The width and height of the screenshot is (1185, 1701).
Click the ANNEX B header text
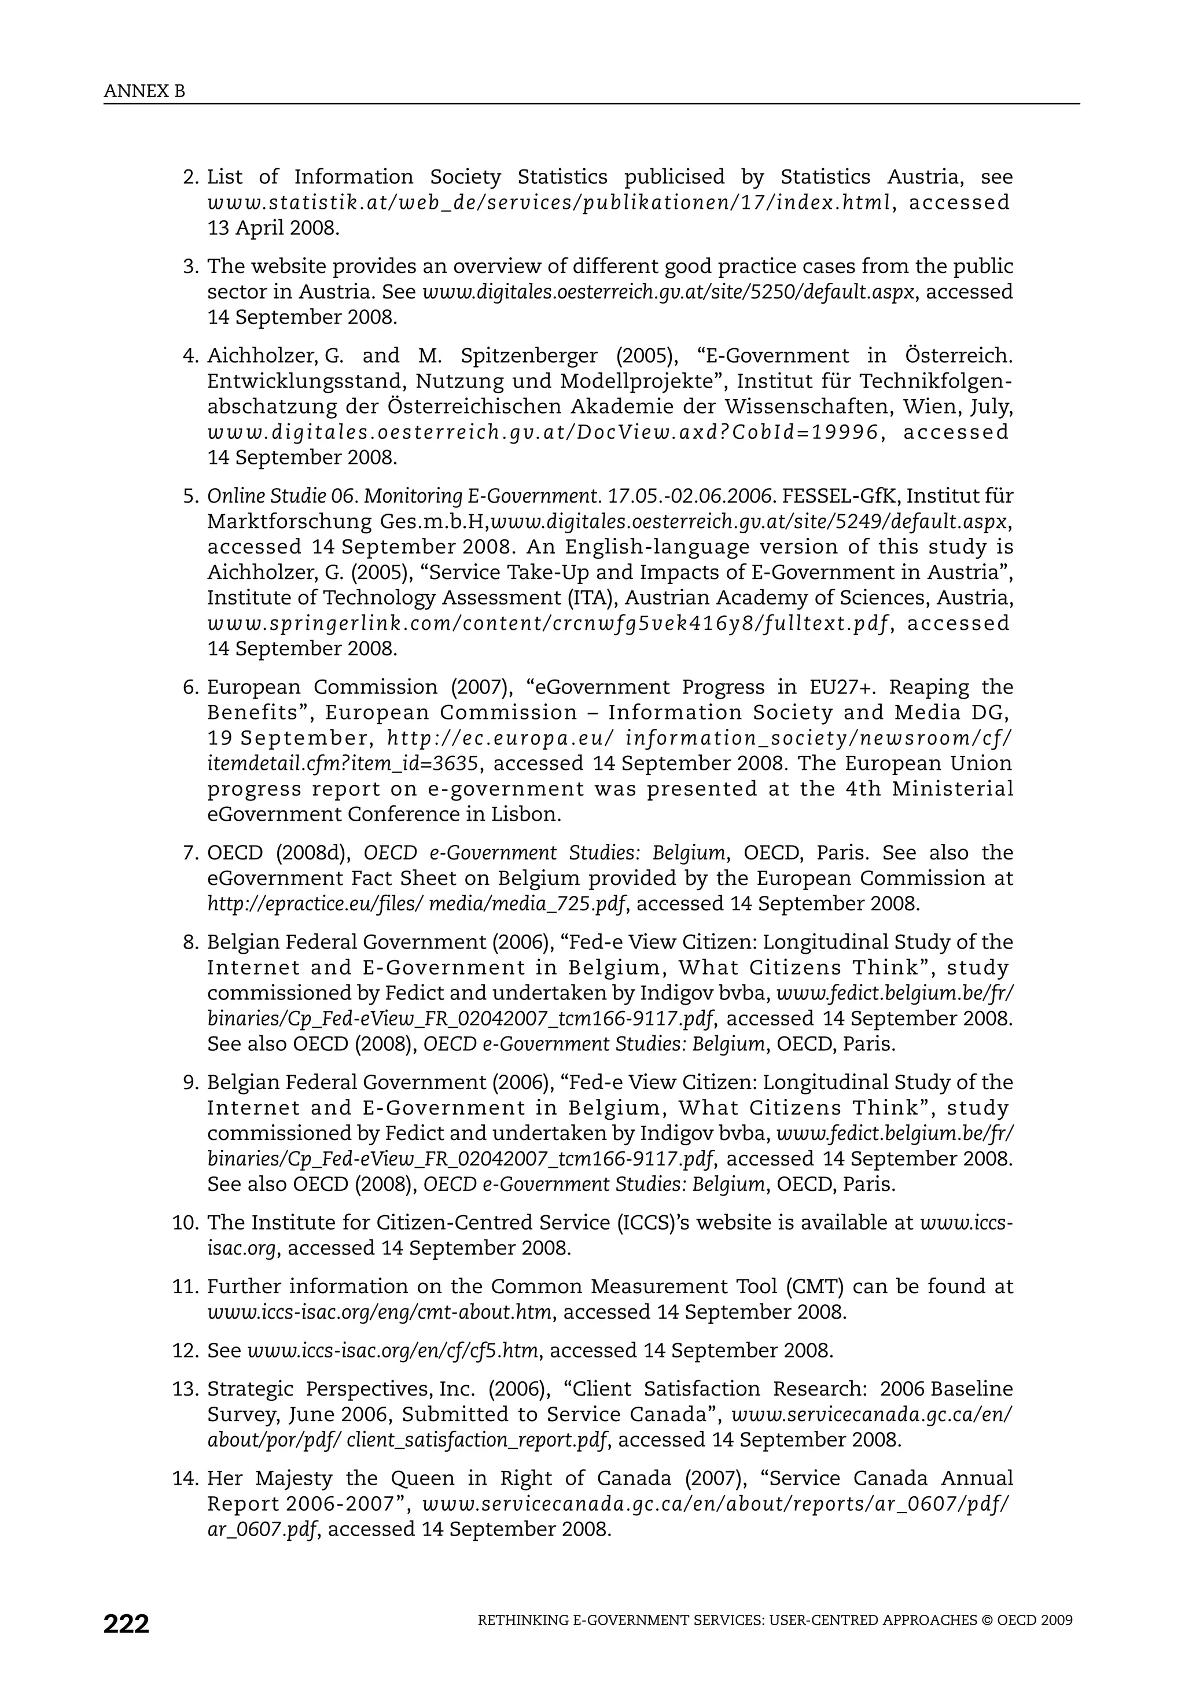coord(145,91)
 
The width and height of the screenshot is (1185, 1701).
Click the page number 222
coord(126,1624)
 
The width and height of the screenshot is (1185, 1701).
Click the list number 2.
coord(190,177)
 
